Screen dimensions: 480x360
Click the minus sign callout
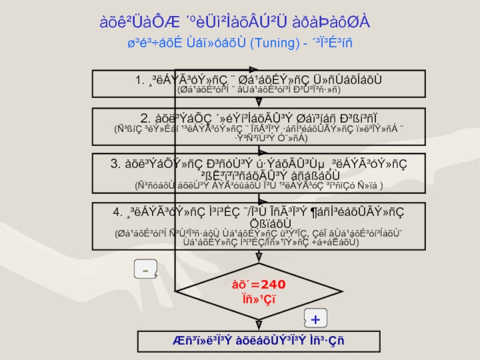click(145, 271)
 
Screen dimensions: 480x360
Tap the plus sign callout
click(316, 317)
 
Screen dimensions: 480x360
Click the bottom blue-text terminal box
click(259, 341)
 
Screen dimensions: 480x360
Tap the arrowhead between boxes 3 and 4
click(259, 199)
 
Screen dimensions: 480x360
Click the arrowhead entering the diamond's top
click(259, 257)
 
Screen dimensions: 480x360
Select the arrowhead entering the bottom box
click(259, 326)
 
